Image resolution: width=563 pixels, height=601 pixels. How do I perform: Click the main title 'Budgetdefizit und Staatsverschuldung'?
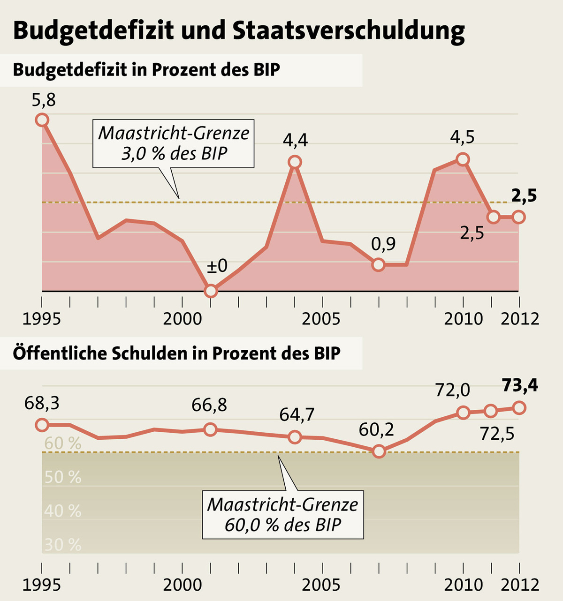point(239,30)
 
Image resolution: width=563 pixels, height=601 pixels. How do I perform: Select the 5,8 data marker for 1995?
point(42,120)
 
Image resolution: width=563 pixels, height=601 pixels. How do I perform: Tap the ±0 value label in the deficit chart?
point(217,266)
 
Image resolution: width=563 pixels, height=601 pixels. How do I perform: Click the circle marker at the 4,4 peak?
point(295,162)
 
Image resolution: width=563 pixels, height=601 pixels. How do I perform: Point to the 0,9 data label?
point(383,244)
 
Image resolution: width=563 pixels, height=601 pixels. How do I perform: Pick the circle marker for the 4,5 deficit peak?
point(463,159)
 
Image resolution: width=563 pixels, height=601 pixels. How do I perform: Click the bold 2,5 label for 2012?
point(524,196)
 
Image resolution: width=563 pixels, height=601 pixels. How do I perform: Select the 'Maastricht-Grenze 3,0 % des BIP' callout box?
point(174,143)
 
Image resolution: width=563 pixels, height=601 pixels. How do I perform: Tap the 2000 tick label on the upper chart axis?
point(183,319)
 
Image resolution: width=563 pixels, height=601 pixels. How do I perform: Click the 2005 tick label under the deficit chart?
point(321,319)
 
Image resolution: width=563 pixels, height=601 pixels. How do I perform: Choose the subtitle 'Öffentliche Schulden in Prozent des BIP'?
point(176,353)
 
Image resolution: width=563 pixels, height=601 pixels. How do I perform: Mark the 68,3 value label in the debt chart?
point(42,404)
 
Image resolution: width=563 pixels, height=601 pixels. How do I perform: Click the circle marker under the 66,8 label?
point(211,429)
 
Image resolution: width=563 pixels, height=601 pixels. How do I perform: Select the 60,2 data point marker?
point(379,452)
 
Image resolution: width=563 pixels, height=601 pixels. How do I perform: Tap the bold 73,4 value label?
point(520,385)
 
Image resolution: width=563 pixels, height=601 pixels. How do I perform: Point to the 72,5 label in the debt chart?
point(497,434)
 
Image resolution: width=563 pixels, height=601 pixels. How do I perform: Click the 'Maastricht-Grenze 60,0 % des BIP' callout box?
point(283,514)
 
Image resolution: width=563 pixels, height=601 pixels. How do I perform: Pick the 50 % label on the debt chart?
point(63,477)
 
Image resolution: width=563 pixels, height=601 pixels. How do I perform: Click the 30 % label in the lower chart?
point(63,545)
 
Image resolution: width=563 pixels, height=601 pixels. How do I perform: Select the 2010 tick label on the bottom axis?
point(464,585)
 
